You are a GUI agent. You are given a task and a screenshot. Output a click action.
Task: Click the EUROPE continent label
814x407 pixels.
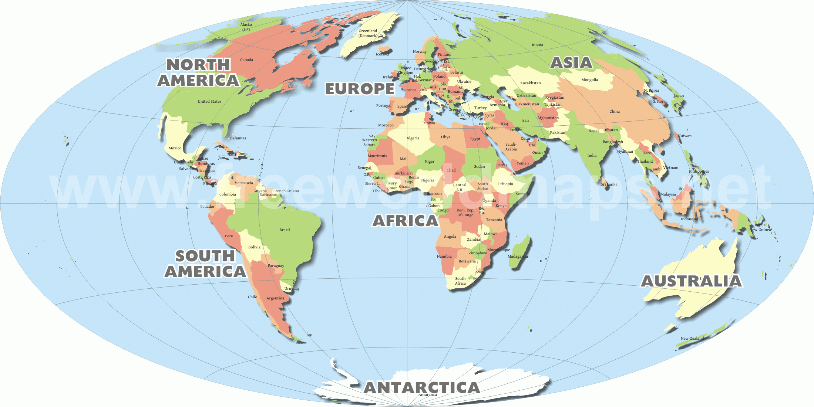coord(360,89)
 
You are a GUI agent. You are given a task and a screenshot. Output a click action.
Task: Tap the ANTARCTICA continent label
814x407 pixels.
coord(422,387)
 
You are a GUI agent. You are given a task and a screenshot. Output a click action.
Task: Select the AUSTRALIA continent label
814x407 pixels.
coord(691,281)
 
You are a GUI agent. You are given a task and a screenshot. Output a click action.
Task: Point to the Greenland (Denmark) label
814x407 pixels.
coord(368,33)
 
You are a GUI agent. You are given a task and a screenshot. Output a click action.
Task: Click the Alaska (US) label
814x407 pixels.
coord(246,27)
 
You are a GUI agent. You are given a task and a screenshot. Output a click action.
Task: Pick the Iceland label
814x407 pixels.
coord(382,54)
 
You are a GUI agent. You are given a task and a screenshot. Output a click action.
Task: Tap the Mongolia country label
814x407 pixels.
coord(589,80)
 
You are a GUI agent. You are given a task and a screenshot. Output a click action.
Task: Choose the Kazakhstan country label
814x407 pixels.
coord(530,83)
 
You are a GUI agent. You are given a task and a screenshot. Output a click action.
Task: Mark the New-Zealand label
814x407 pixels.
coord(692,339)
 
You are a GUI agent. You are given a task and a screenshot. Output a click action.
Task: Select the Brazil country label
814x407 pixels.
coord(285,230)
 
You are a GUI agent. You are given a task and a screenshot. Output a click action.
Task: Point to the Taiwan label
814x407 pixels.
coord(685,136)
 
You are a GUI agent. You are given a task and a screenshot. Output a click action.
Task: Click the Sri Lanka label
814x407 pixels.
coord(609,184)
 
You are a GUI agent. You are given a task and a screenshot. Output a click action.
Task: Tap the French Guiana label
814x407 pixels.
coord(286,191)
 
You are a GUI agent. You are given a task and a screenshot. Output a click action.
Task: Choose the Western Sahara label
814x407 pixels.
coord(369,142)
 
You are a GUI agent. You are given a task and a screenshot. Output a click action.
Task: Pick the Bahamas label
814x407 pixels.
coord(238,138)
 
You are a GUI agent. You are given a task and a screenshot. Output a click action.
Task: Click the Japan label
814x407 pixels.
coord(679,96)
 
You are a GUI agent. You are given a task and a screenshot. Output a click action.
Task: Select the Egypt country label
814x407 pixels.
coord(475,139)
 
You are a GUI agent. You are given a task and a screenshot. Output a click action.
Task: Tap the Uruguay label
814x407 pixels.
coord(292,289)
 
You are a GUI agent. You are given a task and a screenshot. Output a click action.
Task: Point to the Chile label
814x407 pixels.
coord(252,297)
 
